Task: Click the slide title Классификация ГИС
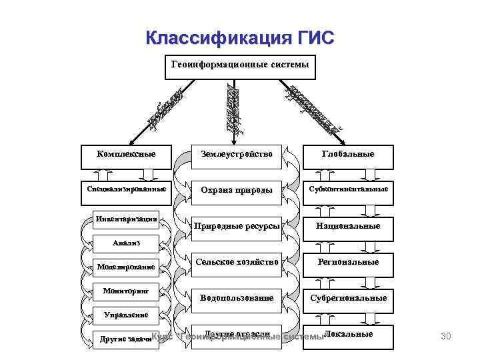(x=239, y=37)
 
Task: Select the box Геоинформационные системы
(x=239, y=65)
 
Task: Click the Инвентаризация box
(x=126, y=219)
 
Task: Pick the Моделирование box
(x=126, y=267)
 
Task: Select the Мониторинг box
(x=126, y=291)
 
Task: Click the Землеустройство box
(x=237, y=154)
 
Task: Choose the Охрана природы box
(x=237, y=190)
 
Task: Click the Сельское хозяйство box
(x=237, y=262)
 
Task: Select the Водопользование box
(x=237, y=298)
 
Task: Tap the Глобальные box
(x=347, y=154)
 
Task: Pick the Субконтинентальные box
(x=347, y=189)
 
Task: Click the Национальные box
(x=347, y=226)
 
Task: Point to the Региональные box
(x=347, y=262)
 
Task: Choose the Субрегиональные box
(x=347, y=298)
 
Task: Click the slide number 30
(x=446, y=337)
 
